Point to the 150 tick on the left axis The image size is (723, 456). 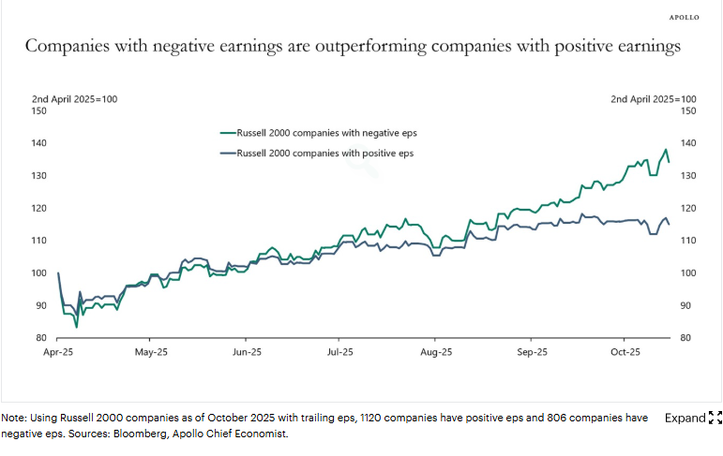pos(38,110)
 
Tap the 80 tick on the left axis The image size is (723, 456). pos(41,338)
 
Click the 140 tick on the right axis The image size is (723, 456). pos(687,143)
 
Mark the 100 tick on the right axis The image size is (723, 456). pos(687,273)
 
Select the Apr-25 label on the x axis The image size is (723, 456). pos(58,353)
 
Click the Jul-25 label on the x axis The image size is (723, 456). pos(340,353)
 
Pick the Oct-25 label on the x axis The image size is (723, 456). pos(625,353)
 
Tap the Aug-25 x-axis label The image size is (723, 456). pos(436,353)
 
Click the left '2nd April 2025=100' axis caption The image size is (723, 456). pos(74,98)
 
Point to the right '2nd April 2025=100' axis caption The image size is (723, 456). pos(654,98)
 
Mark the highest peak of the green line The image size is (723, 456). pos(666,149)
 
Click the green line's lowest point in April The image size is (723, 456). pos(77,327)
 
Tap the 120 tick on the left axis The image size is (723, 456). pos(38,208)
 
